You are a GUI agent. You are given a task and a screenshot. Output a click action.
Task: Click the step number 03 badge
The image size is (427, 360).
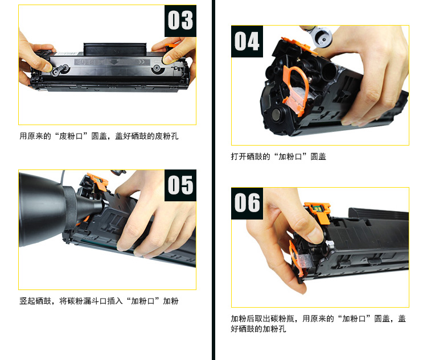(x=180, y=20)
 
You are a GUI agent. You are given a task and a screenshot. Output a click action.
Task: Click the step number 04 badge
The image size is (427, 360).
(x=247, y=42)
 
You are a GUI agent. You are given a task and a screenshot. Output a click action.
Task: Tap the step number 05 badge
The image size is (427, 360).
(x=180, y=185)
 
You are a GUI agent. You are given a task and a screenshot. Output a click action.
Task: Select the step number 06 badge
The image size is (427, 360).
(x=247, y=203)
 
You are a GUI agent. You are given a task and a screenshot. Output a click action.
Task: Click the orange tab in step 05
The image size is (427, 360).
(x=98, y=181)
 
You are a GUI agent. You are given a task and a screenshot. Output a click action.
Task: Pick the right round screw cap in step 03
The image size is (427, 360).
(x=157, y=68)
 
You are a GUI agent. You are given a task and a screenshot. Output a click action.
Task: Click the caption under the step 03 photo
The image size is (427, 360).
(x=99, y=136)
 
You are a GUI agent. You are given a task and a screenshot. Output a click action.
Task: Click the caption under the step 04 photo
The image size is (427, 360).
(x=278, y=156)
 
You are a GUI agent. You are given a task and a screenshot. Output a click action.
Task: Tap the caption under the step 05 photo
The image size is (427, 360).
(x=99, y=301)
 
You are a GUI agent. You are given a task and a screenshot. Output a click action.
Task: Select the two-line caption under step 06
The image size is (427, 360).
(x=318, y=324)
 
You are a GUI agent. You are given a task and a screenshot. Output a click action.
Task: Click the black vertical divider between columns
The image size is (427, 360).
(x=213, y=180)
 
